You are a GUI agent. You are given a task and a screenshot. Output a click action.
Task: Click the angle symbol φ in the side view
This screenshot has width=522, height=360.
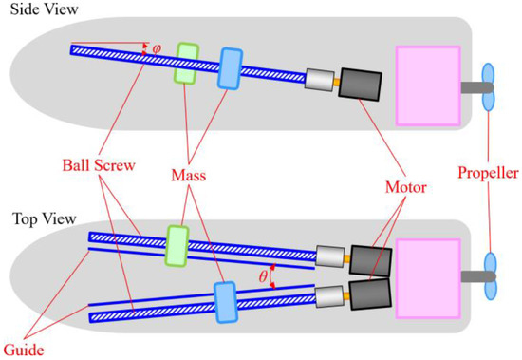point(157,47)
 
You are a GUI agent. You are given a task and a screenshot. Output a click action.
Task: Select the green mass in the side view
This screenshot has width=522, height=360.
point(185,60)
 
